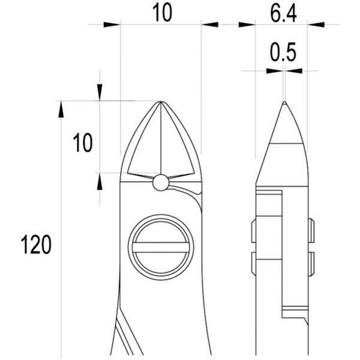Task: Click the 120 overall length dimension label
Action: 36,245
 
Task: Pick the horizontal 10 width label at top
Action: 163,13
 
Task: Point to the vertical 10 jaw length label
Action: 83,143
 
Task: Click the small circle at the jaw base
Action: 161,182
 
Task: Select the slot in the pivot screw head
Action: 161,247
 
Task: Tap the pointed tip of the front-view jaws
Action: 161,101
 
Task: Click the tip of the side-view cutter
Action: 284,102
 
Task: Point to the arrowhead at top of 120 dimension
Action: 61,110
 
